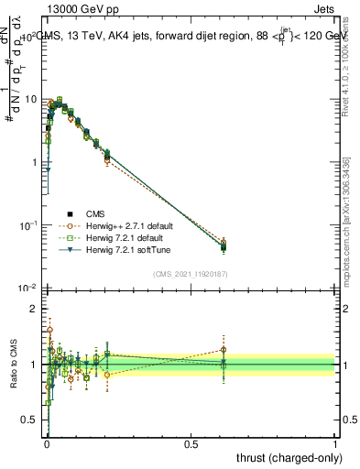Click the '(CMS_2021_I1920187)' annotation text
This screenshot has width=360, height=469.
tap(190, 274)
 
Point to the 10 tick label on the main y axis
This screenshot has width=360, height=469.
tap(30, 99)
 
